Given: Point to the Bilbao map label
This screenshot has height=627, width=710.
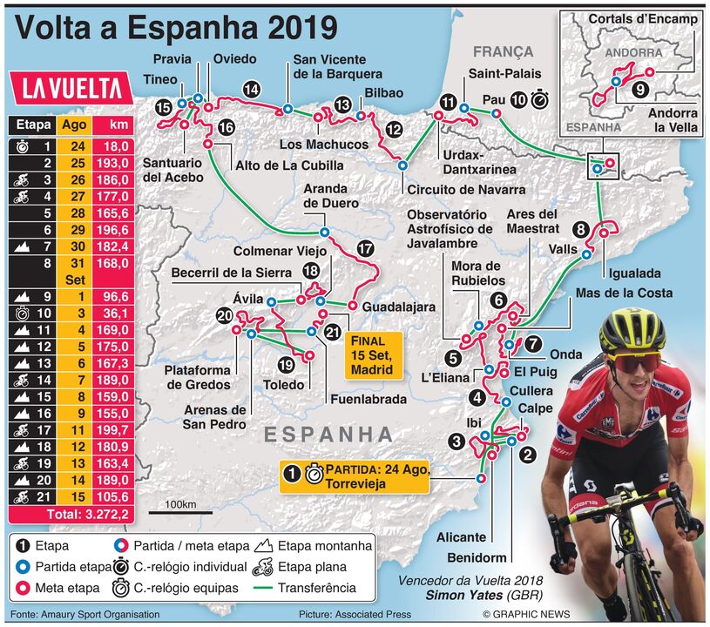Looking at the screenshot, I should pos(383,92).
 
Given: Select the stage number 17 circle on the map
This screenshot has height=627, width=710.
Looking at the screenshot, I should pos(365,248).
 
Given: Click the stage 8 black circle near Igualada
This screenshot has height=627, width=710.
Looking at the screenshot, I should pos(581,230).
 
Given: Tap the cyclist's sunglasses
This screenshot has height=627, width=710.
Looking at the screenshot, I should pos(633,359).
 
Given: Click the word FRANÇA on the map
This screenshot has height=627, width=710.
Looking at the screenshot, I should pos(503,52).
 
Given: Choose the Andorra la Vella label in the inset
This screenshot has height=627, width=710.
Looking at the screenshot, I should pos(673,119).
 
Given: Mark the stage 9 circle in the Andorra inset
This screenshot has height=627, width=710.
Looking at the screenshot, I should pos(640,88).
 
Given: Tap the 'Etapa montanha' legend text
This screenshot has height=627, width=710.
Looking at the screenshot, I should pos(325,546).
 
